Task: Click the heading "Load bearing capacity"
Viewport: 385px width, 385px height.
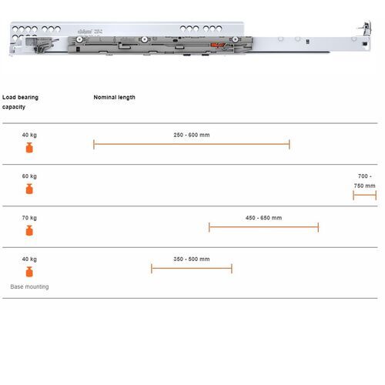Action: [x=20, y=102]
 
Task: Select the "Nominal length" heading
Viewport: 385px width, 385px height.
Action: [x=114, y=98]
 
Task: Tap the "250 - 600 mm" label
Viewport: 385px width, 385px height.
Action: [x=192, y=135]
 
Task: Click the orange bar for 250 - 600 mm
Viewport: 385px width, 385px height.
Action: [x=191, y=144]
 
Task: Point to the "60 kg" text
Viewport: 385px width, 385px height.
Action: [x=29, y=176]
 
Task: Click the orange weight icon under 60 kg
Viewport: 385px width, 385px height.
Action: [x=29, y=189]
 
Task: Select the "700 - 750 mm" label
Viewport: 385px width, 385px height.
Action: [x=364, y=181]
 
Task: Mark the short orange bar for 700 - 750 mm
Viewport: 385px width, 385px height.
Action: [x=364, y=196]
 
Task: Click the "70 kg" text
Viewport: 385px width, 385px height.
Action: [x=29, y=218]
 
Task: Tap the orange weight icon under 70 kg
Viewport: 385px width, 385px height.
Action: [x=29, y=230]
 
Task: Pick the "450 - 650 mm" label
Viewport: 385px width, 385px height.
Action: [x=263, y=218]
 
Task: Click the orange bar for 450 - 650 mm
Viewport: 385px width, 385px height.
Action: [x=263, y=227]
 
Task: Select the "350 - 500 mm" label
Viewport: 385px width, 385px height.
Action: [x=191, y=259]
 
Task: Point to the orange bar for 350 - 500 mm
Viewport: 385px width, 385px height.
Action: [x=191, y=269]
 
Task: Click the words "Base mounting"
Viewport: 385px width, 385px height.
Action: [x=29, y=286]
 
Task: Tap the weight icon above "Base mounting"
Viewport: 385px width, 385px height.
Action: [x=29, y=272]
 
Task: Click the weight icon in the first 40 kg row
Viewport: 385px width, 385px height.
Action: [x=29, y=147]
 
